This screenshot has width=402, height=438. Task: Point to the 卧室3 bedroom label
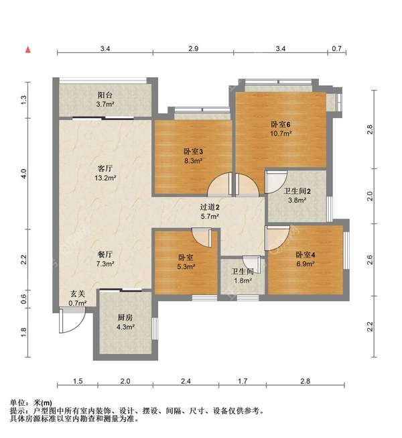193,152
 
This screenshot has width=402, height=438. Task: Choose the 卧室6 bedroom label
280,124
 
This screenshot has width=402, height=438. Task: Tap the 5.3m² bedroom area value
186,266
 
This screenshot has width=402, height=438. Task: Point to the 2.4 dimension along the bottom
186,381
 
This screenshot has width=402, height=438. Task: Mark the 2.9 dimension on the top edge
193,49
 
